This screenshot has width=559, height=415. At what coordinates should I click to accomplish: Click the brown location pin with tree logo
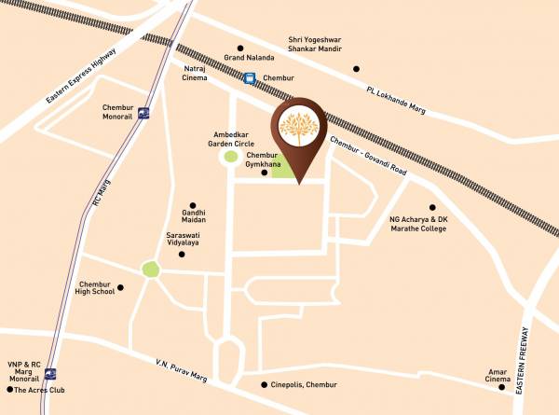point(299,131)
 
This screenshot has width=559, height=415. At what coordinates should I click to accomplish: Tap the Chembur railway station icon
point(249,79)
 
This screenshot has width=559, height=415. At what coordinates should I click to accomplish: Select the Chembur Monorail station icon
point(143,115)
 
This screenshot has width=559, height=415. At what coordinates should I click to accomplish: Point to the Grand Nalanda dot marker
point(239,48)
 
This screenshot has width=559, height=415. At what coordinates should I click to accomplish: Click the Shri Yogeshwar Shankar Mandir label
point(322,47)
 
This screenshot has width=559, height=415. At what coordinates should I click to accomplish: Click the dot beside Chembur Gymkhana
point(265,173)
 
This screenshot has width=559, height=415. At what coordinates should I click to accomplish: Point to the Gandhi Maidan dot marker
point(194,205)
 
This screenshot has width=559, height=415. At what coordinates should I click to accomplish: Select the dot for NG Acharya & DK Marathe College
point(431,208)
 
